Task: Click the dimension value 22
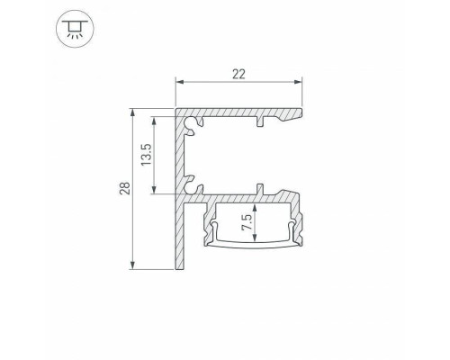238,74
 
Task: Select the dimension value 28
125,188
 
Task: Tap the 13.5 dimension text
146,155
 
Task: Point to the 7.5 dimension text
247,222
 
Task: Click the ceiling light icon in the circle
75,29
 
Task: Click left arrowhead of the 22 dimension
179,82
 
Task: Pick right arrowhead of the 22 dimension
298,82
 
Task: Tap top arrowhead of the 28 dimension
132,112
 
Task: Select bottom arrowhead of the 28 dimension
132,265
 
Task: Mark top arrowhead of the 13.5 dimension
154,121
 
